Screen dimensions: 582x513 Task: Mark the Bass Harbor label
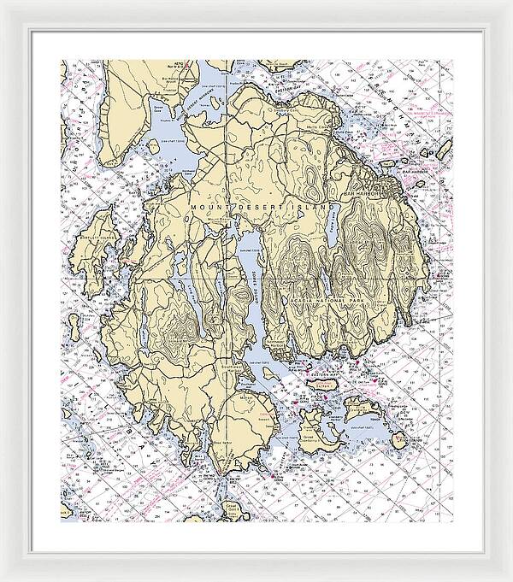(224, 443)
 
